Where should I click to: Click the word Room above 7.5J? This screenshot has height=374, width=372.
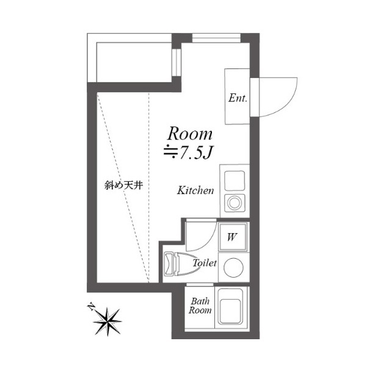coord(190,134)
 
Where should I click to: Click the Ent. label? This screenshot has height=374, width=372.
coord(238,98)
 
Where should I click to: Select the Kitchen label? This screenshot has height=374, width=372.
coord(195,190)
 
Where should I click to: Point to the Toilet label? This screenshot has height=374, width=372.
coord(205,263)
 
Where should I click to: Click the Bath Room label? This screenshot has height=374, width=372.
coord(200,306)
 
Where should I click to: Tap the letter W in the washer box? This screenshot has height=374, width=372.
coord(232,237)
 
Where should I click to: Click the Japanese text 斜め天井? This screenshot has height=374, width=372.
coord(123,185)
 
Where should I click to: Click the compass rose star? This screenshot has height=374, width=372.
coord(108,322)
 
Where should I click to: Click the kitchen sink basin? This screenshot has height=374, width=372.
coord(235,181)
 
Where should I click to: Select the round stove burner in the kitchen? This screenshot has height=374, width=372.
coord(234,203)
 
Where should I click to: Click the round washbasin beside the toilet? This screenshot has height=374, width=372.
coord(233,267)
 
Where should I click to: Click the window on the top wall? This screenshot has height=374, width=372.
coord(216,38)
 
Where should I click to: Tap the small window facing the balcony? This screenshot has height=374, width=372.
coord(177,62)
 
